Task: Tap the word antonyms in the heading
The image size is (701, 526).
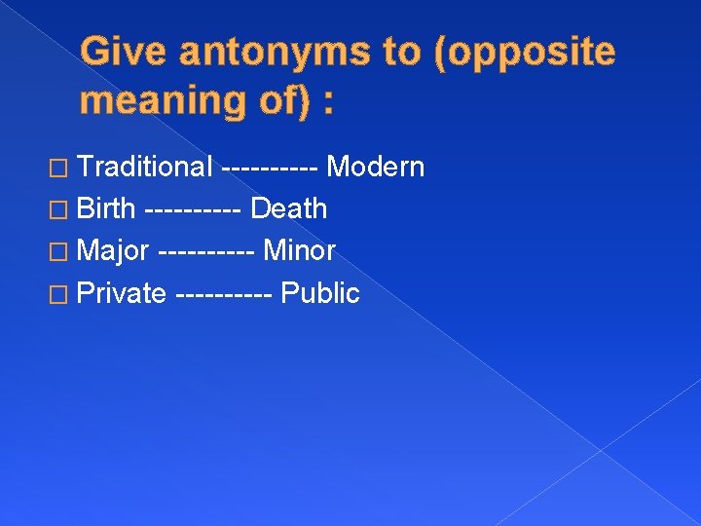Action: click(277, 53)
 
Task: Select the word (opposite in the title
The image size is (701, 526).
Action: click(516, 53)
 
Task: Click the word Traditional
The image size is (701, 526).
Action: click(145, 168)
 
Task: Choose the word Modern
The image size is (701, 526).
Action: click(376, 168)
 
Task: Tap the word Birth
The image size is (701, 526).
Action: click(106, 209)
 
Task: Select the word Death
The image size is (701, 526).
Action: click(289, 209)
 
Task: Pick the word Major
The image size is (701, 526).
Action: click(113, 251)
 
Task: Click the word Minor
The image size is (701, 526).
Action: click(300, 251)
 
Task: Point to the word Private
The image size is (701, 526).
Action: click(122, 293)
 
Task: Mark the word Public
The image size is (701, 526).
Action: click(320, 293)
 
